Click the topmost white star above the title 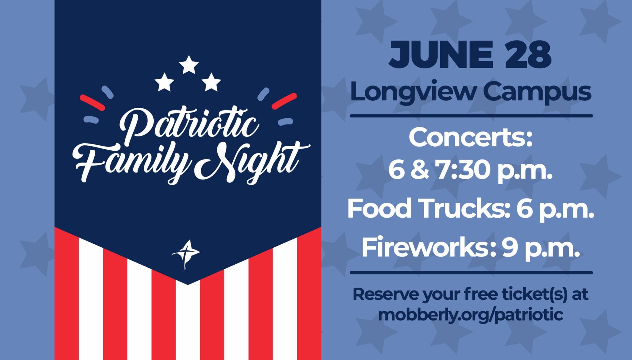point(189,65)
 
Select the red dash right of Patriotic point(284,101)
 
